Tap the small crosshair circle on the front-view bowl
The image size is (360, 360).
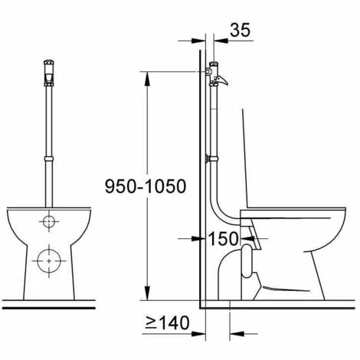coord(50,223)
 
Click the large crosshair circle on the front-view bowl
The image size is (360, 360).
coord(50,258)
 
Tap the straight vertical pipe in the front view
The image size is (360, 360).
coord(50,123)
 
